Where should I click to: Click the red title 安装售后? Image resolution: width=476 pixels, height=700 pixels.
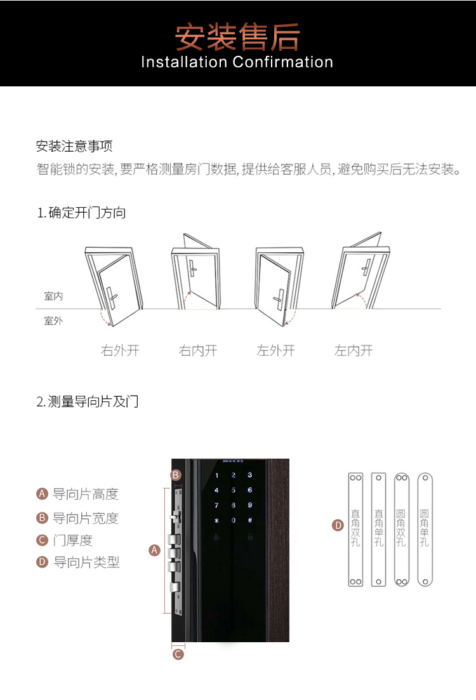(237, 37)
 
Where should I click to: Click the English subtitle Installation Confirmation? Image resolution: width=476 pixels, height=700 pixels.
(237, 62)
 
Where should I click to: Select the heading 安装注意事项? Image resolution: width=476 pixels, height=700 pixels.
(74, 146)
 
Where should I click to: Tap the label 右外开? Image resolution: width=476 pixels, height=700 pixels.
(120, 351)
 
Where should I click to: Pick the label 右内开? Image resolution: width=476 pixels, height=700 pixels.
(197, 351)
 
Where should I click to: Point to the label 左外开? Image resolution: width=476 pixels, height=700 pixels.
(275, 351)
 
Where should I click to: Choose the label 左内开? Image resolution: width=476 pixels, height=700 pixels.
(354, 351)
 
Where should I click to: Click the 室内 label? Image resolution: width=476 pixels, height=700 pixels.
(53, 296)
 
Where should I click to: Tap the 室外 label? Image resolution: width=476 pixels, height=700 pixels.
(53, 321)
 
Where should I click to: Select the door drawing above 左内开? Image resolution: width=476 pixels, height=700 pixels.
(360, 271)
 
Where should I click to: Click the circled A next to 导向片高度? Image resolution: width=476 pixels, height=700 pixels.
(42, 494)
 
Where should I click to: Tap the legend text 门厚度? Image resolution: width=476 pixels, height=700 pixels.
(73, 540)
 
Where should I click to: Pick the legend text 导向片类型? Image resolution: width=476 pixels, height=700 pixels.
(86, 562)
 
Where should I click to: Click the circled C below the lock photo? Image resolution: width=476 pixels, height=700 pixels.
(178, 654)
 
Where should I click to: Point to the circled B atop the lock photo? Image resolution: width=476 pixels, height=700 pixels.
(176, 475)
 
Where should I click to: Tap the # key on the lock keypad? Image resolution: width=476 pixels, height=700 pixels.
(250, 520)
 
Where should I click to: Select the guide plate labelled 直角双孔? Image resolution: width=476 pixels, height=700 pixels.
(355, 530)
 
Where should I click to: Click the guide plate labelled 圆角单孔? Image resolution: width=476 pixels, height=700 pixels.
(425, 530)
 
